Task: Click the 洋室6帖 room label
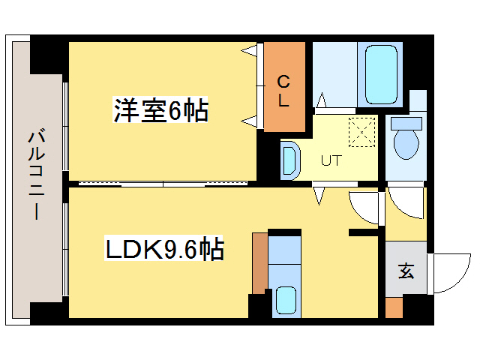[x=160, y=111]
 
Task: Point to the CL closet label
[x=283, y=90]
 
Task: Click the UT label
[x=331, y=160]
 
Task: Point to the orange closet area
[x=283, y=86]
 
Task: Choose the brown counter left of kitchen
[x=259, y=263]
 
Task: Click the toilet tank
[x=407, y=122]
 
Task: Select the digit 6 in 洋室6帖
[x=175, y=111]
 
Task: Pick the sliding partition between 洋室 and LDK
[x=161, y=183]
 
